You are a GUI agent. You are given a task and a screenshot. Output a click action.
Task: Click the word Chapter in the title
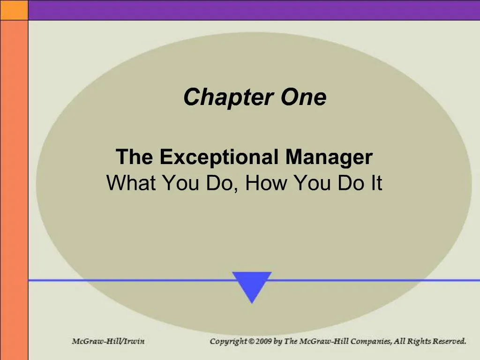tap(228, 97)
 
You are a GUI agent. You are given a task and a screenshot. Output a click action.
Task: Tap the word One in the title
tap(303, 97)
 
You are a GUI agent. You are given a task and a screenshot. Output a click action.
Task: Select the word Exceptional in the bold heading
tap(219, 157)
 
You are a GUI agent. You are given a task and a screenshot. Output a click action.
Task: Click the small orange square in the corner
tap(14, 10)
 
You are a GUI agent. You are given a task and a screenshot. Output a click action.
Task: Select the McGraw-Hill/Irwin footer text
tap(108, 341)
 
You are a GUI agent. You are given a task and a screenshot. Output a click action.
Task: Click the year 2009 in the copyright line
tap(263, 341)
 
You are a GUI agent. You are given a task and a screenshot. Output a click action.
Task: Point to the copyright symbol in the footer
tap(251, 341)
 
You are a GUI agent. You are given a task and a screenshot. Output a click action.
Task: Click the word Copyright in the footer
tap(228, 341)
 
